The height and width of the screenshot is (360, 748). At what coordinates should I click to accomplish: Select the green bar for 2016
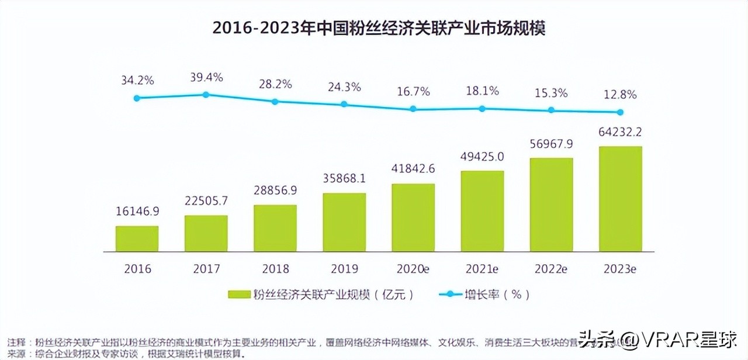pyautogui.click(x=137, y=238)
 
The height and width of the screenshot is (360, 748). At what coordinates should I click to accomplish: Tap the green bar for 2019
pyautogui.click(x=344, y=222)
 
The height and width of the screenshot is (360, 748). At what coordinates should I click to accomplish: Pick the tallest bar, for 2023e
pyautogui.click(x=620, y=199)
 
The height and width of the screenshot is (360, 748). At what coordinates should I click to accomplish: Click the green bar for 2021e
pyautogui.click(x=482, y=211)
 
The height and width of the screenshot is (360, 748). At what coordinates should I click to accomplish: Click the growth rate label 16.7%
pyautogui.click(x=413, y=92)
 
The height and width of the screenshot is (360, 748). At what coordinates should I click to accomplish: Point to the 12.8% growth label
pyautogui.click(x=620, y=95)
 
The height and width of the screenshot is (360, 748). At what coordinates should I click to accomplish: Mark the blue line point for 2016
pyautogui.click(x=137, y=98)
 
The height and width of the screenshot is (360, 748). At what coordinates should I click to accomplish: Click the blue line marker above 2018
pyautogui.click(x=275, y=101)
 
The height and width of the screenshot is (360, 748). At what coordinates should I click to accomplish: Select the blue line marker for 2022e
pyautogui.click(x=550, y=110)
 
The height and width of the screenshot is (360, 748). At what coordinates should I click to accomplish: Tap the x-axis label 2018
pyautogui.click(x=275, y=269)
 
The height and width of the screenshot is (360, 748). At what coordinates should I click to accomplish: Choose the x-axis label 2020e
pyautogui.click(x=413, y=269)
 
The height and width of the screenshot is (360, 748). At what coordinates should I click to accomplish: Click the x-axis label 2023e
pyautogui.click(x=620, y=269)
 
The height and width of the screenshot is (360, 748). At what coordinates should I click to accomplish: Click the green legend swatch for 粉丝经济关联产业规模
pyautogui.click(x=238, y=295)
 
